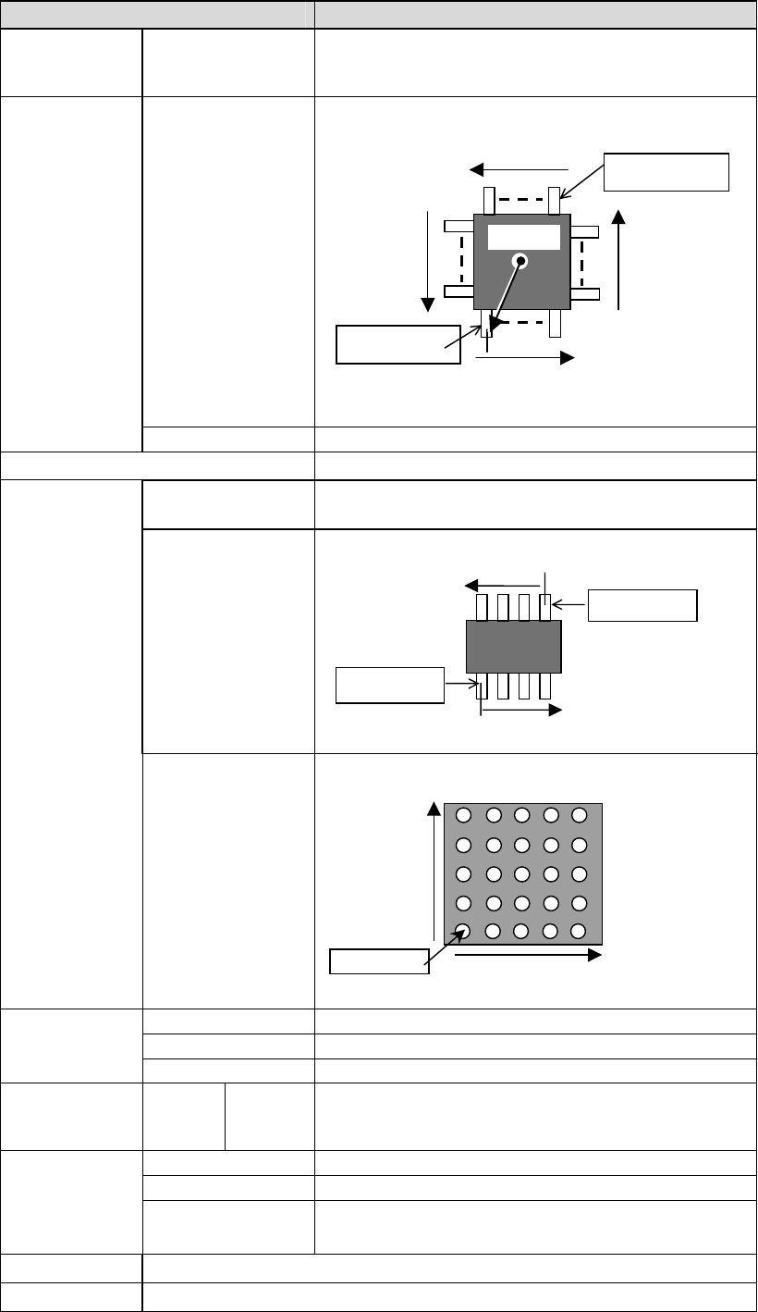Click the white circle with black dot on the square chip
[x=521, y=261]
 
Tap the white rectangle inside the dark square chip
[x=524, y=237]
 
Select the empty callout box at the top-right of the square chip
[x=666, y=171]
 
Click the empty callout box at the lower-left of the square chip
[x=397, y=344]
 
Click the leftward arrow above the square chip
[x=519, y=169]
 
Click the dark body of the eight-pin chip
[x=513, y=647]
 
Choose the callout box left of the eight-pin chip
[x=389, y=685]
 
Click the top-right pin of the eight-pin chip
[x=545, y=607]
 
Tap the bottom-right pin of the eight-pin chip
[x=545, y=686]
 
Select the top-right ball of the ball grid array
[x=580, y=815]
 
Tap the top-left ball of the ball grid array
[x=464, y=815]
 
